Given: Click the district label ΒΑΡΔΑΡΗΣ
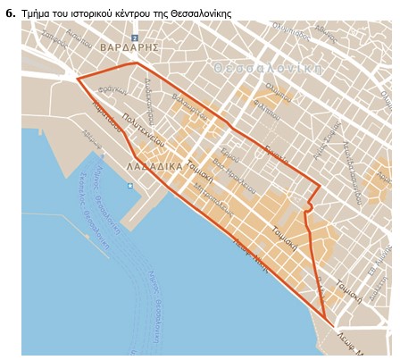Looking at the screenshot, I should (129, 46).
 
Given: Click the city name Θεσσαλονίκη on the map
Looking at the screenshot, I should (268, 68).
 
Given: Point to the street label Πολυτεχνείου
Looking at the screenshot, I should (144, 130).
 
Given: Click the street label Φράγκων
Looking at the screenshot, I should (113, 92).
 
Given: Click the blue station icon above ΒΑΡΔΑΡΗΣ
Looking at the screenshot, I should (135, 38).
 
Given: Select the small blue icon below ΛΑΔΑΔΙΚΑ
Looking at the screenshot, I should (129, 186).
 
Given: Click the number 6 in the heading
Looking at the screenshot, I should (10, 13).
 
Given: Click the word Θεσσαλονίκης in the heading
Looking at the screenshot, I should (203, 13).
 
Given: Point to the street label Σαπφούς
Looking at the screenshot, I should (54, 41).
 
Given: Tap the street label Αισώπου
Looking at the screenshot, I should (79, 38).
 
